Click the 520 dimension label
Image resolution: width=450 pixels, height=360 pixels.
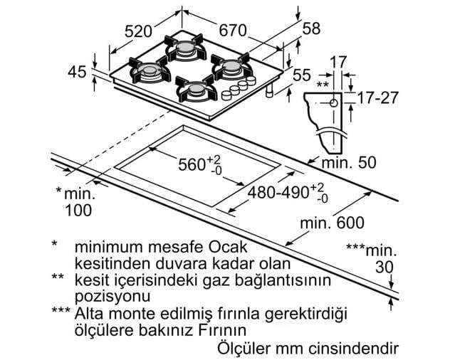(x=138, y=31)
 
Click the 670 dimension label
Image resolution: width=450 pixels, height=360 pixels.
(x=233, y=30)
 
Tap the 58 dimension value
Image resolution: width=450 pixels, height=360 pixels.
(x=311, y=28)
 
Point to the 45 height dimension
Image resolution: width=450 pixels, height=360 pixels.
(x=77, y=72)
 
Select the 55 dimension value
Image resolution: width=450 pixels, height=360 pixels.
(x=302, y=75)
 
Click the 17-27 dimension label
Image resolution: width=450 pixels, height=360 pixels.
(x=377, y=97)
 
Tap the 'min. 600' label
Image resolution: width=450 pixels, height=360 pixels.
(x=332, y=223)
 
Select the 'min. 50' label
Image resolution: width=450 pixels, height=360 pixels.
(x=349, y=163)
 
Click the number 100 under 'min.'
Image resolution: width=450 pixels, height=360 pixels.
(x=78, y=211)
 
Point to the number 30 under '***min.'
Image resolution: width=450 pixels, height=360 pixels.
(x=384, y=268)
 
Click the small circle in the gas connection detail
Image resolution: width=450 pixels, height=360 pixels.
(x=333, y=103)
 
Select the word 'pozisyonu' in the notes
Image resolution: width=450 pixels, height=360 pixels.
(x=112, y=296)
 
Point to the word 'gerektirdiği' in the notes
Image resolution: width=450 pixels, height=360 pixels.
(x=306, y=314)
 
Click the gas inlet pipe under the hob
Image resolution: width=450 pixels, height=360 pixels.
(x=270, y=90)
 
